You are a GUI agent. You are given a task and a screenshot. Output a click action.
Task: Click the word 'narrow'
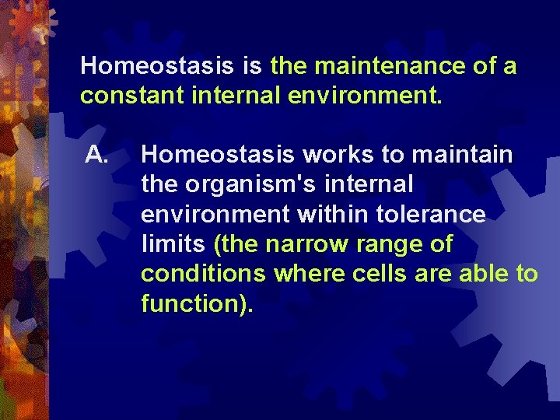click(x=307, y=244)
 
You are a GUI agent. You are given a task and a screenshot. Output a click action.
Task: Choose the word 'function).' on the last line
click(x=198, y=303)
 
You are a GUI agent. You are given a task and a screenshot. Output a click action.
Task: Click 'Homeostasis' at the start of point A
click(x=218, y=155)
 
